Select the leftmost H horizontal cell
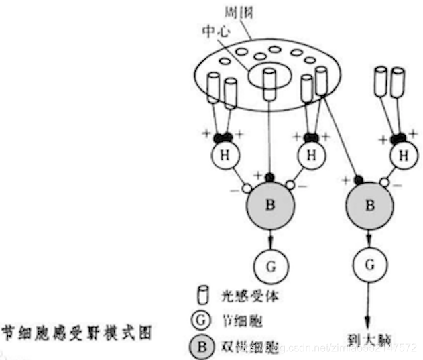(x=224, y=156)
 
